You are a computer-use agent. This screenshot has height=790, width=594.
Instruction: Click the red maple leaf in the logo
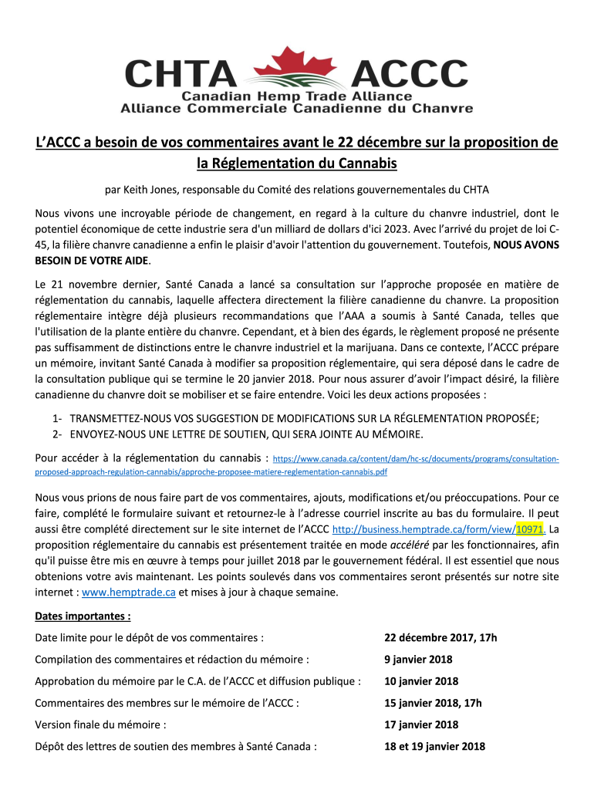pos(297,62)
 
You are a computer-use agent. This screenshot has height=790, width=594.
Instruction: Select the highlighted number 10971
pos(529,529)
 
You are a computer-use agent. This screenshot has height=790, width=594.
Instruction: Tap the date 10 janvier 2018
pos(421,681)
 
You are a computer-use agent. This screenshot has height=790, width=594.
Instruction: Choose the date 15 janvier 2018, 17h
pos(433,703)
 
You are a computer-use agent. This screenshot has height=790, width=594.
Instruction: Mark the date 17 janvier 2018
pos(421,724)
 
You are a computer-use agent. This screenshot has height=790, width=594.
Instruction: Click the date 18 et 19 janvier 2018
pos(434,746)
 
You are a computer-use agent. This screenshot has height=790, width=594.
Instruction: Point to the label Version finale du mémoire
pos(101,724)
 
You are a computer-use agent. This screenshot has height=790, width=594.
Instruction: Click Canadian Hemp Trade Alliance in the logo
pos(297,96)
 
